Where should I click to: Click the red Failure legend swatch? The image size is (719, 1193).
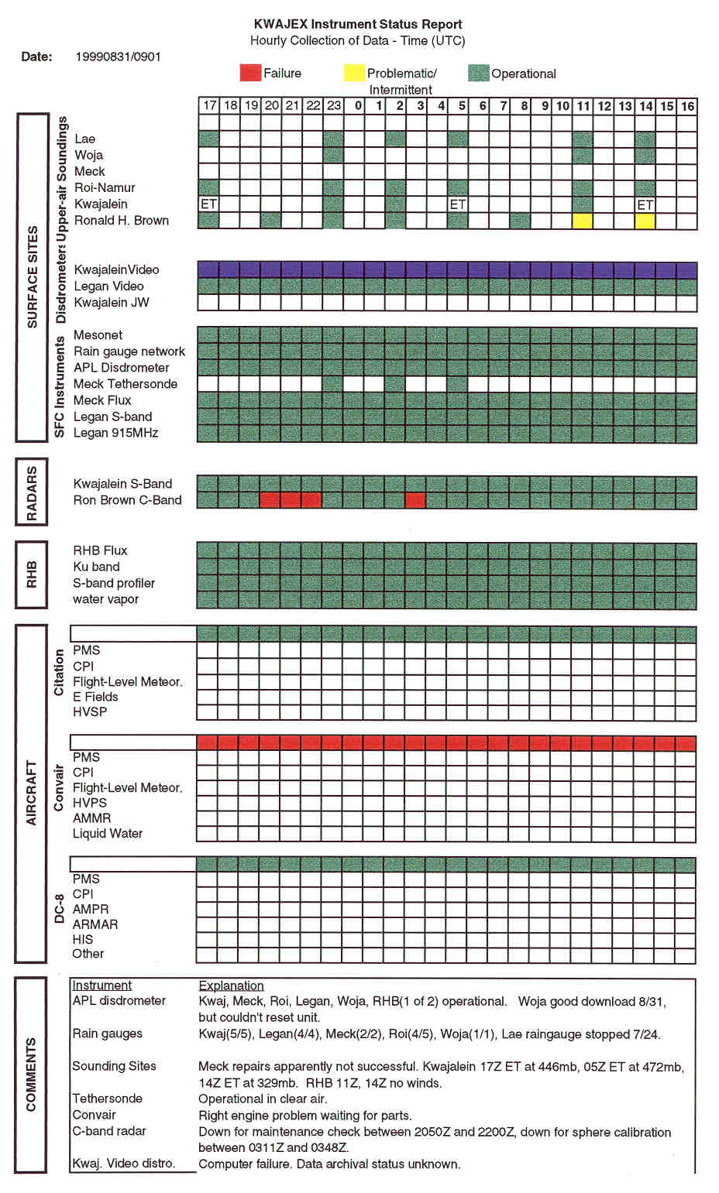click(250, 73)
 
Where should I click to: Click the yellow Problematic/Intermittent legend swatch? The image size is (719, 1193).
click(354, 73)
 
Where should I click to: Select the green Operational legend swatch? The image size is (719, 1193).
click(479, 73)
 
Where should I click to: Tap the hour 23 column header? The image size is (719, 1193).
click(334, 105)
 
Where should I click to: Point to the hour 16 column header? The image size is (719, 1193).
click(687, 105)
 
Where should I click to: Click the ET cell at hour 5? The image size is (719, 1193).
click(457, 204)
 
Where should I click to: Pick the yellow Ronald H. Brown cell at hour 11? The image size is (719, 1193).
click(583, 221)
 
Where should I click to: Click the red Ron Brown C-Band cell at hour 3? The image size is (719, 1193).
click(415, 500)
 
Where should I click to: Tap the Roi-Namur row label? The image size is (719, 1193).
click(105, 187)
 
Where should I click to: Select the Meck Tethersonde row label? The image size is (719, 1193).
click(126, 384)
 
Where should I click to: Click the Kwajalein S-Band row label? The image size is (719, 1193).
click(122, 484)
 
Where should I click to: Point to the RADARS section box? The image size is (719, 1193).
click(32, 492)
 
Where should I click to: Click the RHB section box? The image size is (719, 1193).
click(32, 574)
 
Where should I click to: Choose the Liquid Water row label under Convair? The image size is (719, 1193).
click(108, 834)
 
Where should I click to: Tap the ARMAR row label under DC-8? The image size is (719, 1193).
click(95, 924)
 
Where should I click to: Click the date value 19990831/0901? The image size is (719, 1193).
click(119, 57)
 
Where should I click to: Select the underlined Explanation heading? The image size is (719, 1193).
click(231, 986)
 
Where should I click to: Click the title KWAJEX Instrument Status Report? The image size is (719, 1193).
click(358, 24)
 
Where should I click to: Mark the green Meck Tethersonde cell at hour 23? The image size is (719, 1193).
click(334, 384)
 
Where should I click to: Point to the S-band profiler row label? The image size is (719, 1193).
click(114, 583)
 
